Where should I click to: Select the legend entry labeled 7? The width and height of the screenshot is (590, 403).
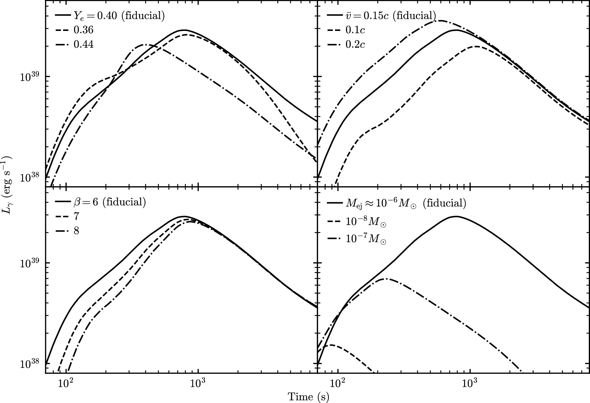[x=76, y=216]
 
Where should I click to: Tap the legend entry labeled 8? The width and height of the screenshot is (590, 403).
[x=76, y=230]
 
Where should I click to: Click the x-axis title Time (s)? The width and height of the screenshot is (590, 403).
[x=308, y=397]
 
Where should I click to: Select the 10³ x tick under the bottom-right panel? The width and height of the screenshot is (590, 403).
[x=469, y=382]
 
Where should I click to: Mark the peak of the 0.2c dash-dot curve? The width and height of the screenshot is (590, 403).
[x=440, y=21]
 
